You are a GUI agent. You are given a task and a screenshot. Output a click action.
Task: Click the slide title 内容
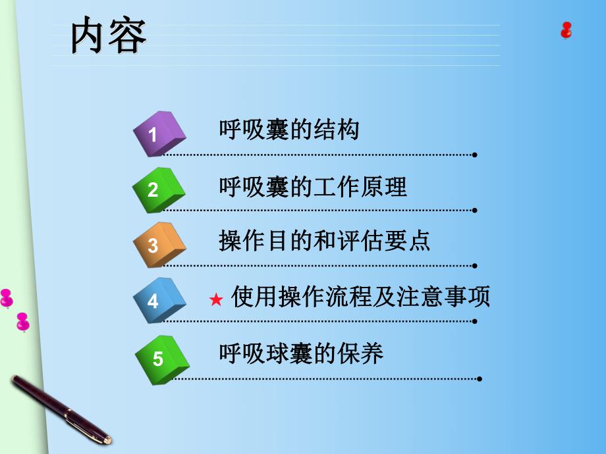109,37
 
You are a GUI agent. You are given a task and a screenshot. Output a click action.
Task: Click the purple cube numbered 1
159,134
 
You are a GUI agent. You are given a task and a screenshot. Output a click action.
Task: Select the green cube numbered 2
158,189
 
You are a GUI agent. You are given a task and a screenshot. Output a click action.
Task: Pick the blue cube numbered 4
159,300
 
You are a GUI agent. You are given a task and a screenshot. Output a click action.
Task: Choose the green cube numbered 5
161,358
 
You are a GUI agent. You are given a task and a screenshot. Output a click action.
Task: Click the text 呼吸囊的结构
289,130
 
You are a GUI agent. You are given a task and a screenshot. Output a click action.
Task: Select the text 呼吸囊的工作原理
313,187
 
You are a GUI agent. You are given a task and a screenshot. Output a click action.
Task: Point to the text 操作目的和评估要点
324,241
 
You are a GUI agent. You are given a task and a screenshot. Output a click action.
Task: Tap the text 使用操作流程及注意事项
361,297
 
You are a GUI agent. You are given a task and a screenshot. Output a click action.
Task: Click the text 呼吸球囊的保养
301,355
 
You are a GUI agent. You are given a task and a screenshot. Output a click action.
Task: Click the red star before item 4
215,301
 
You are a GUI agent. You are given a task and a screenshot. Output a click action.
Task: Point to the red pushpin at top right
566,30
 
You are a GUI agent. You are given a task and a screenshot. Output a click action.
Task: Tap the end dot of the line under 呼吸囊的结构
475,155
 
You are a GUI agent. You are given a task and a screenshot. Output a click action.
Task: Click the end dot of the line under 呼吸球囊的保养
480,379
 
